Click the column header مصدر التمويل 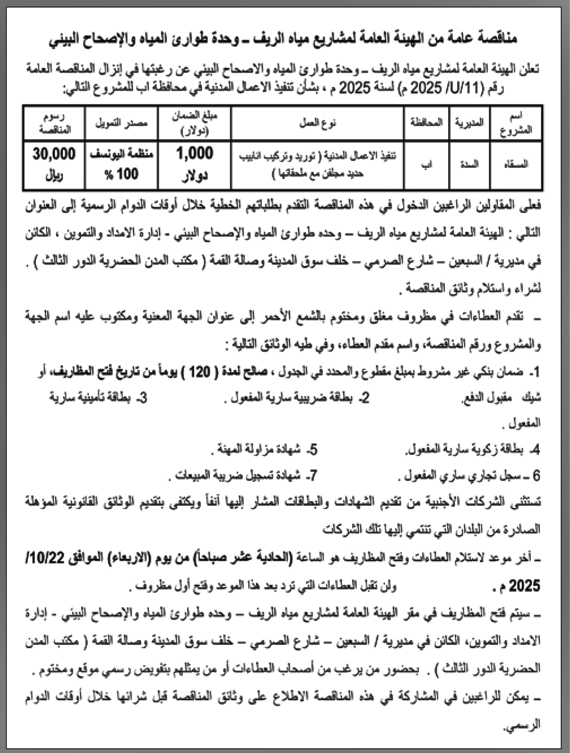(x=121, y=123)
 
